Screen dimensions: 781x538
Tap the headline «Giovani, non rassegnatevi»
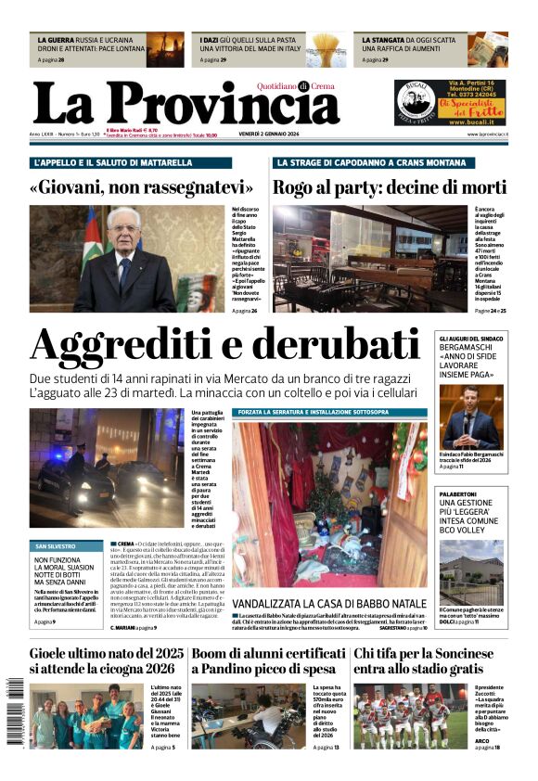coord(141,186)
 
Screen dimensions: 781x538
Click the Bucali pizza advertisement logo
coord(415,103)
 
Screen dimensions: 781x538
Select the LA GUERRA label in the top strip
coord(57,41)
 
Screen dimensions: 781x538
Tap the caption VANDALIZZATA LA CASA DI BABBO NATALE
coord(330,603)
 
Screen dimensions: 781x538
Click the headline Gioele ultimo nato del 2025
coord(106,653)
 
